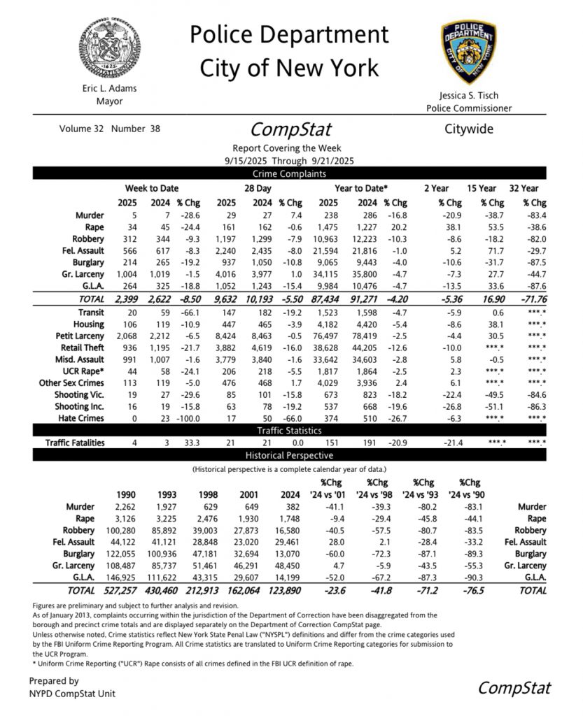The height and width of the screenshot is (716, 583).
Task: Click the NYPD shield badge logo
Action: pos(469,52)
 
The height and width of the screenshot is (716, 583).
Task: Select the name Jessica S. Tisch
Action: pos(468,94)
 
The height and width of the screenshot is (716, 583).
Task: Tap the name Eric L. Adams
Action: pos(108,89)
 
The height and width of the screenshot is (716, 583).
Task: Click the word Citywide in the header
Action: pos(469,129)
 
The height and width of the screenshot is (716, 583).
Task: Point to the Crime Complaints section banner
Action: pos(290,174)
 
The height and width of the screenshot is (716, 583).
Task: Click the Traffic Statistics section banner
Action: pos(290,431)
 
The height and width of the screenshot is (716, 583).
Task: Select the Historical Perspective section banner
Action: pos(290,455)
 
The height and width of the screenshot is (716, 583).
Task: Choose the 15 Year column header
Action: pos(482,189)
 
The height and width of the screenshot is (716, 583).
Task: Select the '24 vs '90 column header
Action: pos(470,494)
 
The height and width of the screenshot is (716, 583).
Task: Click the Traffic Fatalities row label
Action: pos(75,443)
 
